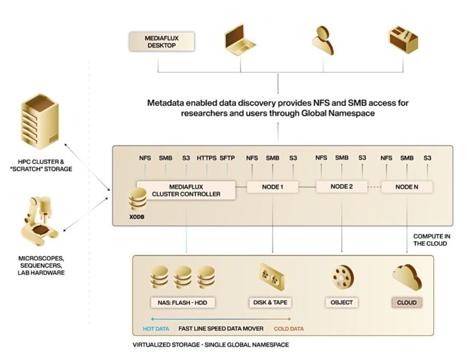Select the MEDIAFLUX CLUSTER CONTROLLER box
point(187,189)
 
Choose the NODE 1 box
point(272,186)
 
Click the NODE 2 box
point(342,186)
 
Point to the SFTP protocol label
point(227,159)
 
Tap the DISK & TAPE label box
point(272,303)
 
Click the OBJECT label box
point(342,303)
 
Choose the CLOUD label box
point(407,303)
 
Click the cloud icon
point(407,275)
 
